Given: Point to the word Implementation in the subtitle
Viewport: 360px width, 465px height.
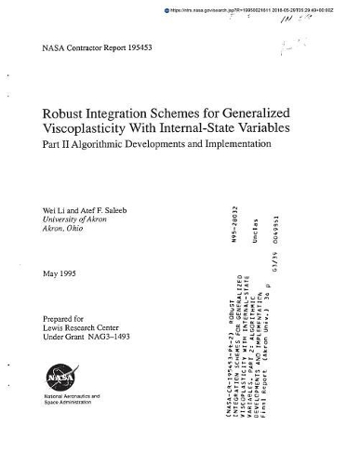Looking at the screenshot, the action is coord(236,145).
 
